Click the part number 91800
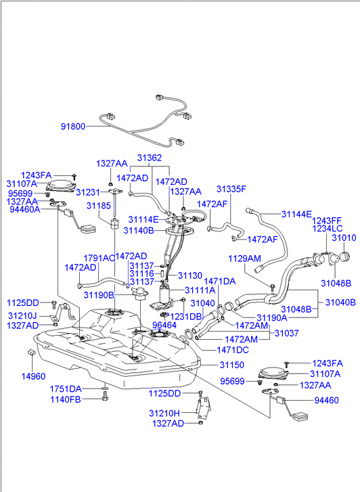point(73,127)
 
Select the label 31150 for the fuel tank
point(231,365)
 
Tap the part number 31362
point(150,158)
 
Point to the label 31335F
point(231,189)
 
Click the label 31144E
point(296,214)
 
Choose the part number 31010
point(344,238)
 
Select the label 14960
point(33,376)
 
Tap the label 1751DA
point(66,388)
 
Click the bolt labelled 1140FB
point(105,396)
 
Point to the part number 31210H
point(164,413)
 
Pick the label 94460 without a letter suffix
point(326,400)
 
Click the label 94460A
point(25,209)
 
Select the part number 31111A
point(200,290)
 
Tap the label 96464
point(164,325)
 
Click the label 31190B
point(99,295)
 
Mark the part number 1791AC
point(99,258)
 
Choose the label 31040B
point(340,302)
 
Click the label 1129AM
point(244,259)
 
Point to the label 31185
point(99,206)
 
